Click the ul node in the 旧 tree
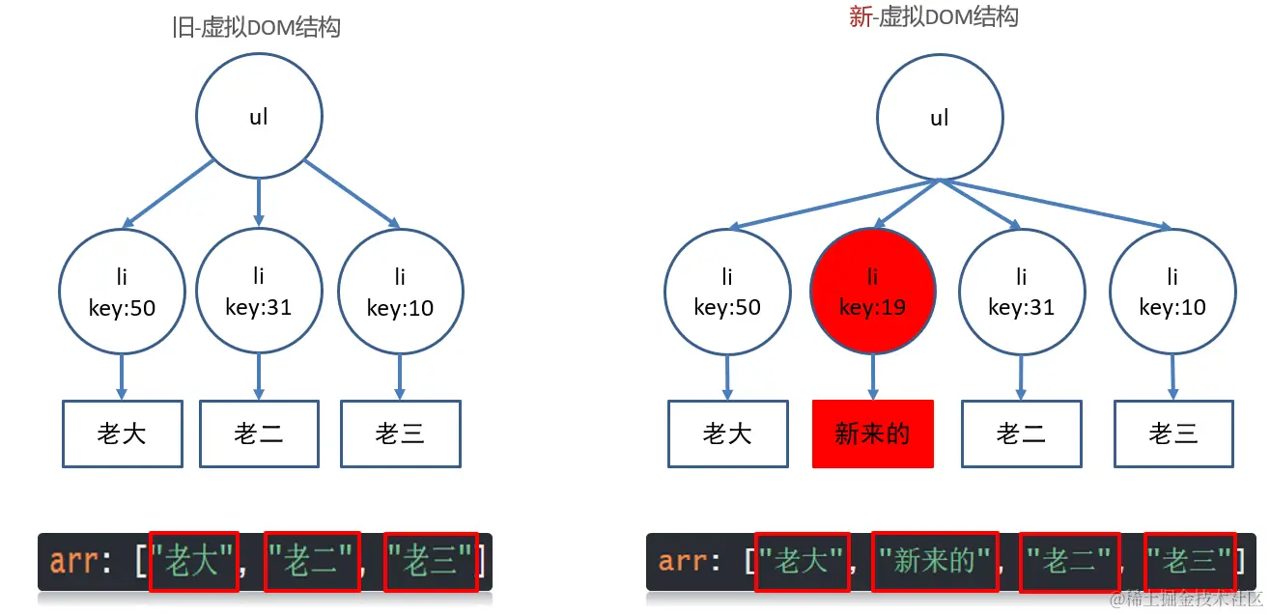[259, 118]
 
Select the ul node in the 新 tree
[939, 118]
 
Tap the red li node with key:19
[873, 292]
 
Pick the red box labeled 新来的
[873, 433]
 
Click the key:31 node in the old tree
[259, 292]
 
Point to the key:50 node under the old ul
[122, 292]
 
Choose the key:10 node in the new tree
[1172, 292]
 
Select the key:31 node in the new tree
[1022, 292]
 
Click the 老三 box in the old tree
[401, 433]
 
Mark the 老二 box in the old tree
[259, 433]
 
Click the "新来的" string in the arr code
[935, 561]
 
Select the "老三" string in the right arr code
[1190, 561]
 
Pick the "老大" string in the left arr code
[194, 561]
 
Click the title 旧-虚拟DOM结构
[256, 27]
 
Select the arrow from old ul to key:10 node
[353, 195]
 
